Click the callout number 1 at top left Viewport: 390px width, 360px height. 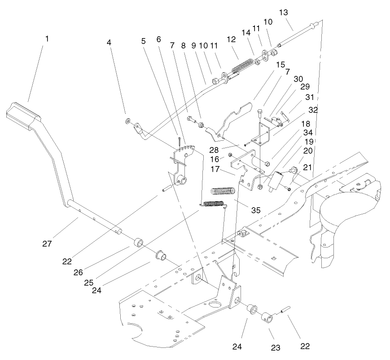point(47,39)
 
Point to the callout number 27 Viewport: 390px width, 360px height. point(47,244)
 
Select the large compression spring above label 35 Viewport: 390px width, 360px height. point(222,191)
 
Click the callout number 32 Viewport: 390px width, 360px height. point(300,109)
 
